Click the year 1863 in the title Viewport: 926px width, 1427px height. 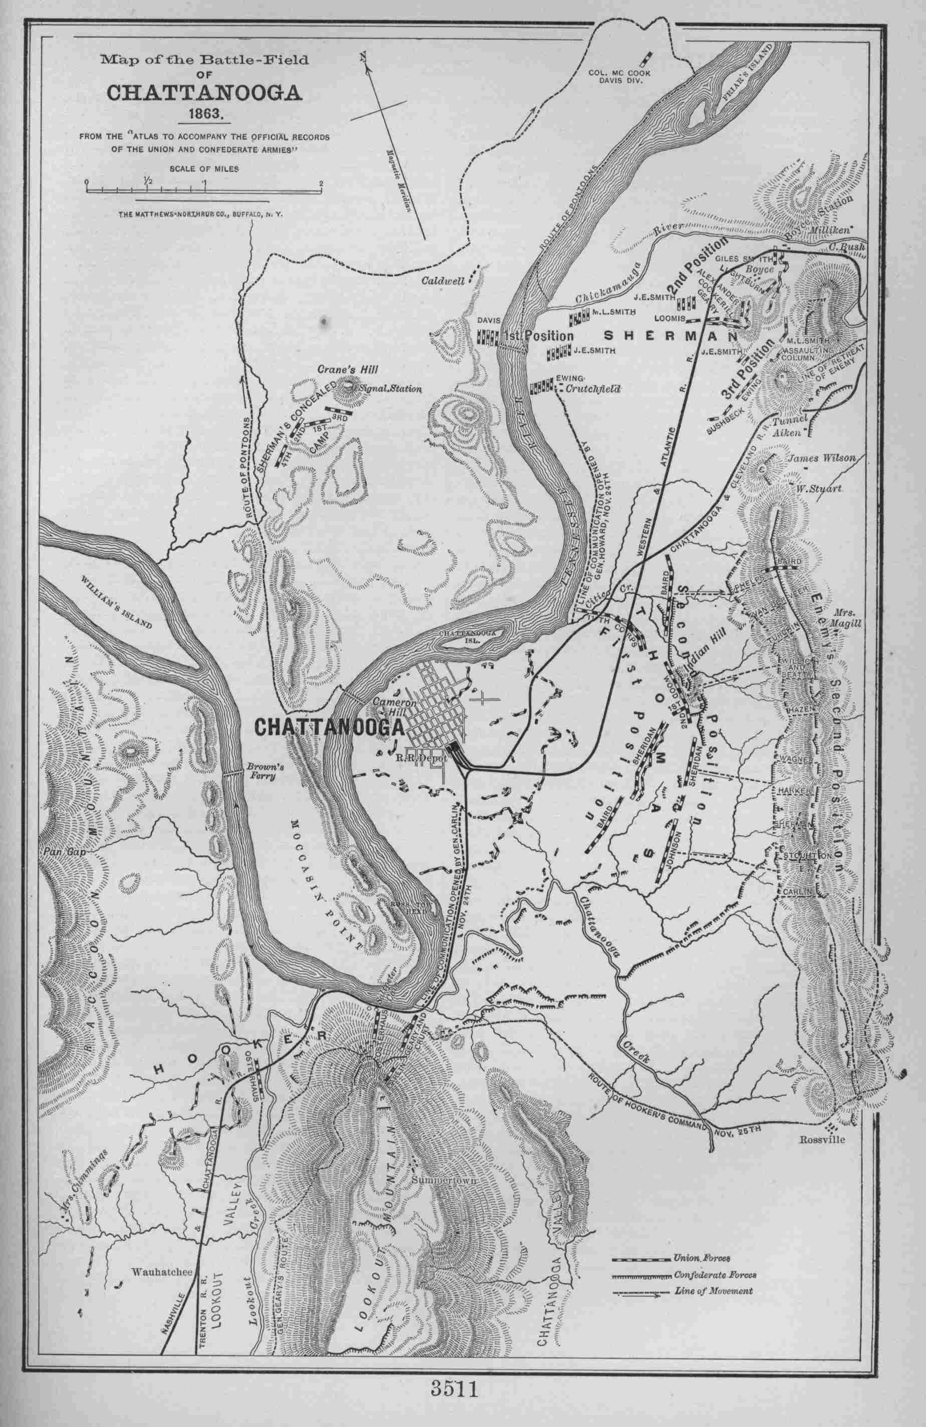pyautogui.click(x=205, y=113)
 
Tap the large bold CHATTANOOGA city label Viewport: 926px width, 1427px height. pyautogui.click(x=329, y=727)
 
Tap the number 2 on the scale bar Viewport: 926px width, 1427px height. pyautogui.click(x=322, y=183)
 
